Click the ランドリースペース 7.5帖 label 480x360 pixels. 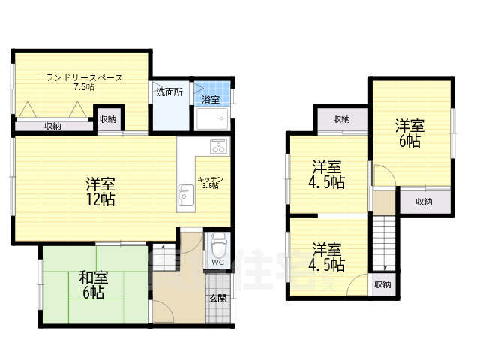pyautogui.click(x=84, y=82)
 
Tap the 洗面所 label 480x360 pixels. pyautogui.click(x=169, y=93)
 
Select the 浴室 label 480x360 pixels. pyautogui.click(x=211, y=100)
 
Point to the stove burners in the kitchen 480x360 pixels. pyautogui.click(x=218, y=146)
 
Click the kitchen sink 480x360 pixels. pyautogui.click(x=186, y=197)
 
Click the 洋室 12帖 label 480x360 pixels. pyautogui.click(x=99, y=192)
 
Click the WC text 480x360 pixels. pyautogui.click(x=217, y=262)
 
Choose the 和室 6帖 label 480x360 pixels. pyautogui.click(x=91, y=284)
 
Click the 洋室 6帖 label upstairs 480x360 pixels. pyautogui.click(x=409, y=133)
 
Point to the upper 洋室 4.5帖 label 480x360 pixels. pyautogui.click(x=328, y=174)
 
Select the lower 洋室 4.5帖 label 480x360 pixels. pyautogui.click(x=328, y=256)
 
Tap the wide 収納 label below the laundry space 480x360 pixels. pyautogui.click(x=52, y=126)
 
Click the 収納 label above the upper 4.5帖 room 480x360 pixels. pyautogui.click(x=341, y=119)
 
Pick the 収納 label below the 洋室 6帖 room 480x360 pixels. pyautogui.click(x=424, y=201)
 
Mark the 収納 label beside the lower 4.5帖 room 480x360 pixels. pyautogui.click(x=382, y=283)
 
